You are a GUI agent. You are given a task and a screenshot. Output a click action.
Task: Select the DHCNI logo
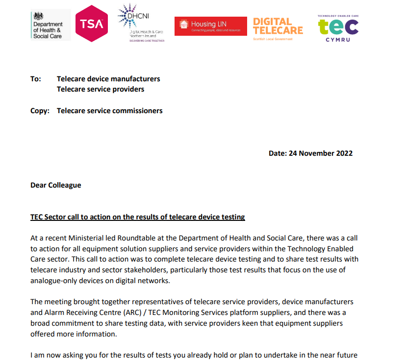[140, 24]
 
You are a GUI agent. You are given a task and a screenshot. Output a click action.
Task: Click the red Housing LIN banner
[210, 26]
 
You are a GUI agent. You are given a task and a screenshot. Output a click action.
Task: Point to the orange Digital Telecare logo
[278, 28]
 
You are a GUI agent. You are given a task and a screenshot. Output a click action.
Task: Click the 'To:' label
[36, 79]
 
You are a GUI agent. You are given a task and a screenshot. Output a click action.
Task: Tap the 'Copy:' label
[40, 111]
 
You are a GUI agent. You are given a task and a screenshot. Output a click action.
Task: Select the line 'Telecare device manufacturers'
[108, 79]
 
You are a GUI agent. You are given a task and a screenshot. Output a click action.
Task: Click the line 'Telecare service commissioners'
[109, 111]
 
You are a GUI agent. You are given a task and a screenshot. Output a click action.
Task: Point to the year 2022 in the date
[344, 153]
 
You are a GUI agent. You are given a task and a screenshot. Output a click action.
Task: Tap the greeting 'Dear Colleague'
[56, 185]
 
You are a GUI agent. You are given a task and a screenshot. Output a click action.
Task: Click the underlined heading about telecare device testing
[137, 217]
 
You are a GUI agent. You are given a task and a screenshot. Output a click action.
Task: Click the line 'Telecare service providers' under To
[101, 89]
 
